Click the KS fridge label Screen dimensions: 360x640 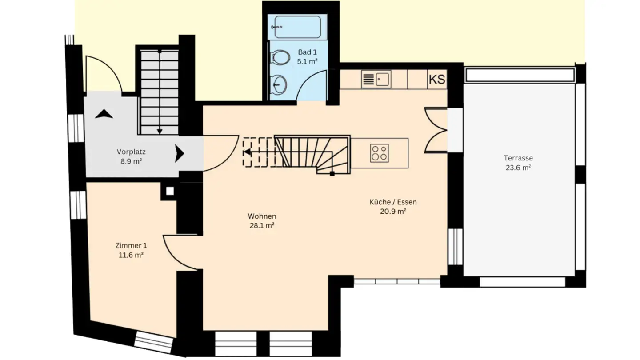click(437, 80)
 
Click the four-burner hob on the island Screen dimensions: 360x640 click(380, 153)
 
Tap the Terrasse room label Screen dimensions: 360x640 click(518, 158)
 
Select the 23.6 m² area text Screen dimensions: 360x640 click(518, 168)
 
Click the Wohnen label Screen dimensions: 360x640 click(262, 216)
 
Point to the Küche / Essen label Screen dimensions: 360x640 click(393, 202)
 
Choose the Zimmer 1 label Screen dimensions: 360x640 click(131, 246)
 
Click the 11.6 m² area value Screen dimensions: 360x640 click(131, 256)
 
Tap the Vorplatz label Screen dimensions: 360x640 click(131, 152)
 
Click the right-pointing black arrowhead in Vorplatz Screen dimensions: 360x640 click(179, 154)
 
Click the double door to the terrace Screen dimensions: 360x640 click(435, 130)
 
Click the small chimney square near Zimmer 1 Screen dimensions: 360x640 click(169, 191)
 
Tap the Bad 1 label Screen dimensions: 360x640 click(307, 52)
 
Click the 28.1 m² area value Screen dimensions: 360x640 click(262, 225)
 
